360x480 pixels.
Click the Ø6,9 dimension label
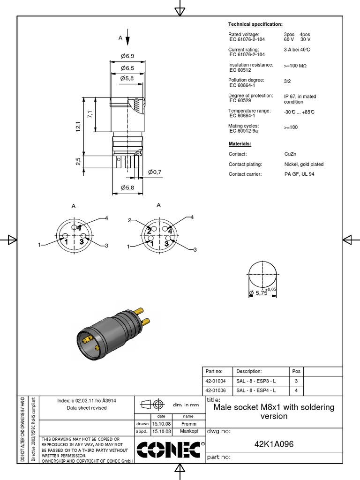(127, 56)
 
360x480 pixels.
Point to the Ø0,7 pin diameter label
(155, 172)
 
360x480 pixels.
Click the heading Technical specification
(255, 24)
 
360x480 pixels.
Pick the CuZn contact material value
(291, 154)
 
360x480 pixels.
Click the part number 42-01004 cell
(216, 381)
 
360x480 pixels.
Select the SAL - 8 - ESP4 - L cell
(256, 390)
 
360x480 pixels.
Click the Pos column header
(296, 371)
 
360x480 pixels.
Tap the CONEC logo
(168, 450)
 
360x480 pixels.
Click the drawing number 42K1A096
(274, 444)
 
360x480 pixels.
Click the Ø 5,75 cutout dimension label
(258, 293)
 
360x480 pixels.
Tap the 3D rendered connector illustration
(112, 332)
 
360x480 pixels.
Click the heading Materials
(240, 143)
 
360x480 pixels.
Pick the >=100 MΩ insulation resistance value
(295, 66)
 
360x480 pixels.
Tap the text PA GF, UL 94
(299, 174)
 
